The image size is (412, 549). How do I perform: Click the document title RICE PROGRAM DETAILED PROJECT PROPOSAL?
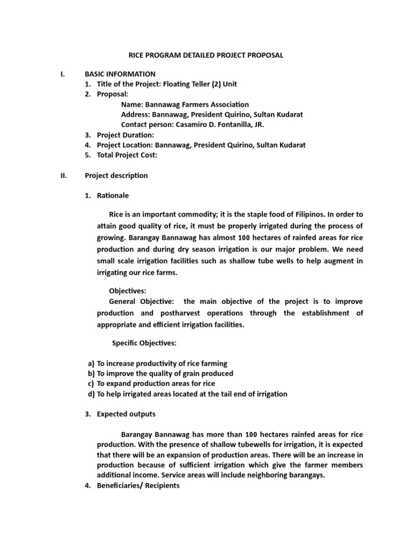tap(206, 55)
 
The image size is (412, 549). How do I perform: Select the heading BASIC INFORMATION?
tap(120, 74)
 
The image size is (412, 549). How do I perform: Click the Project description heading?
tap(116, 175)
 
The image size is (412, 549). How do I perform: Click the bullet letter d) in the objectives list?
tap(91, 394)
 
